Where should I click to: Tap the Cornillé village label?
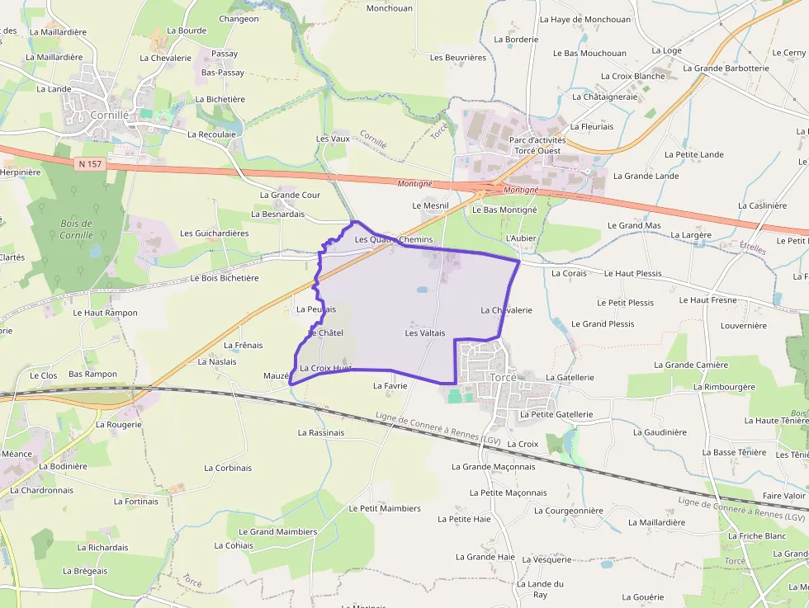coord(110,115)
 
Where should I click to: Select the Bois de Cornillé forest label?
coord(76,229)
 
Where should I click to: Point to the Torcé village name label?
coord(503,377)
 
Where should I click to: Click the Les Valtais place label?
coord(425,333)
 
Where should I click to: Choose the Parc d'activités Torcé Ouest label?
coord(537,145)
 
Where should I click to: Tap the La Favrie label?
coord(390,385)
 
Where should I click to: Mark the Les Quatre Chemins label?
coord(394,239)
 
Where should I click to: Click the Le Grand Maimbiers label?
coord(277,532)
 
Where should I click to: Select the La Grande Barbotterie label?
coord(726,68)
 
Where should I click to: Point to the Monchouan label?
coord(389,8)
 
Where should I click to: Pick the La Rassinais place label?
coord(321,432)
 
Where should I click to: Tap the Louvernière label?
coord(743,326)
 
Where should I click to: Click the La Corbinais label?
coord(228,468)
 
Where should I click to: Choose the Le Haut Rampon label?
coord(105,313)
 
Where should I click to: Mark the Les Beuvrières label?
coord(458,58)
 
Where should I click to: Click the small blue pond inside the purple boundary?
coord(422,290)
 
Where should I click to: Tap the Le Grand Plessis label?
coord(603,324)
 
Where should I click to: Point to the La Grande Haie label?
coord(485,557)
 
